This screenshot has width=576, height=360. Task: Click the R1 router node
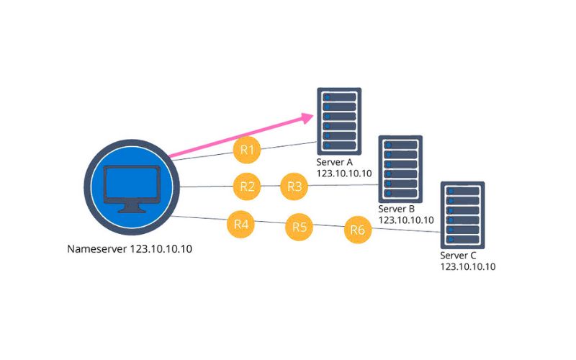coord(247,150)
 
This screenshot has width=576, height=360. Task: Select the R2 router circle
coord(247,186)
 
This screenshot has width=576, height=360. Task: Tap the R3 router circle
coord(294,186)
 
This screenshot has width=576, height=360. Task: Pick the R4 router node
coord(241,224)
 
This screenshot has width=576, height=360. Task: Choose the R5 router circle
coord(299,227)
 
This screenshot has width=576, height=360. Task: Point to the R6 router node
coord(358,230)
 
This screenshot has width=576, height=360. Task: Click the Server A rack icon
coord(339,121)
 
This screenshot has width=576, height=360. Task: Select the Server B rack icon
coord(400,169)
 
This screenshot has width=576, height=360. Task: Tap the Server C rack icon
coord(462,215)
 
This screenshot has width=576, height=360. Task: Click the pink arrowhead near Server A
coord(307,118)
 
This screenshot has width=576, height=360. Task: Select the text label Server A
coord(334,162)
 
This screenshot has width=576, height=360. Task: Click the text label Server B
coord(397,209)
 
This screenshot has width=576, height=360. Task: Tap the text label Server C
coord(458,256)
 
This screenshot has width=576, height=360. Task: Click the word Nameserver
coord(97,249)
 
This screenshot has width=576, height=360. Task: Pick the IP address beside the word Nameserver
coord(161,249)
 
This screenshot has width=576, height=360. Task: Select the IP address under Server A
coord(344,174)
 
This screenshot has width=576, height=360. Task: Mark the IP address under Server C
coord(468,266)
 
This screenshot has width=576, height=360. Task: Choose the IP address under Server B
coord(406,220)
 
